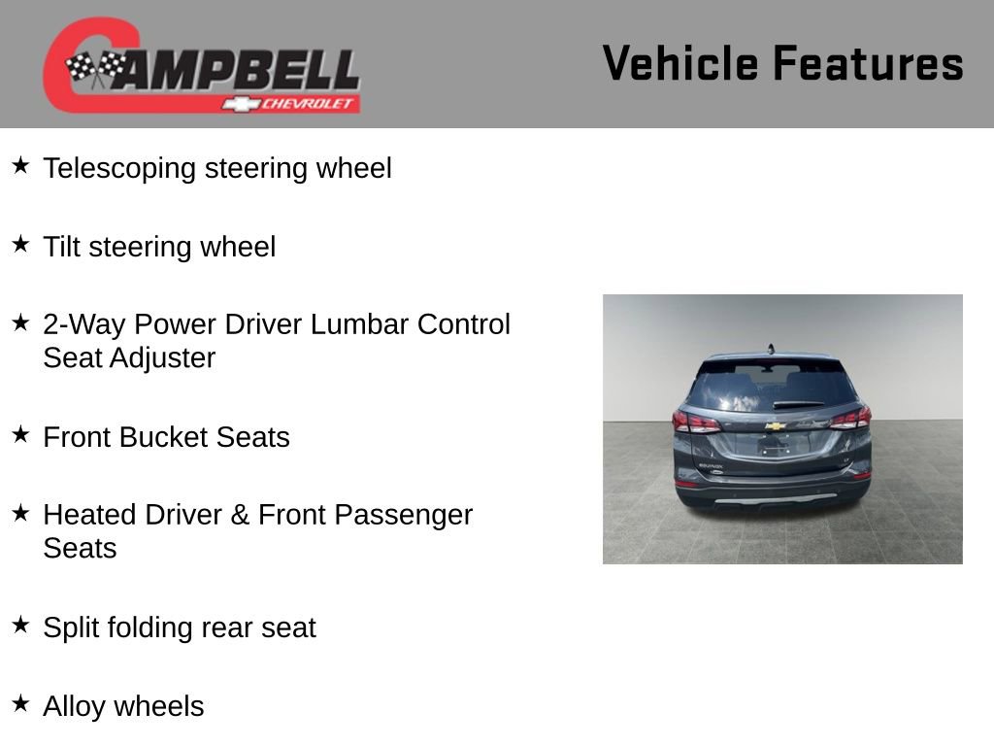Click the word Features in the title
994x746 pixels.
(868, 63)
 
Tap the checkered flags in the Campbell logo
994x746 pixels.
(94, 68)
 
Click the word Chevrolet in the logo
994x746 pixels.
(310, 104)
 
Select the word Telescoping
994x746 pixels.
(119, 169)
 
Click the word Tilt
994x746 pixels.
(59, 247)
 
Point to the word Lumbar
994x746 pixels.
(359, 324)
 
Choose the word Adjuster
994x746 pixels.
(162, 358)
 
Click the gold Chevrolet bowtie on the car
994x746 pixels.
(775, 426)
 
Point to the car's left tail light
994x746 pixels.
(696, 423)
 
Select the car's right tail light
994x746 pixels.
(850, 419)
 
